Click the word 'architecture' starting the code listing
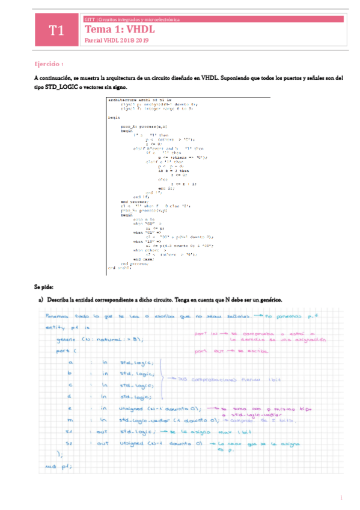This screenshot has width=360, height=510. [120, 98]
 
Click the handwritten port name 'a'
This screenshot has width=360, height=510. [71, 363]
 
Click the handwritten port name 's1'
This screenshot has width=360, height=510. [70, 431]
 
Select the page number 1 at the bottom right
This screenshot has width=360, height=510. [341, 497]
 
